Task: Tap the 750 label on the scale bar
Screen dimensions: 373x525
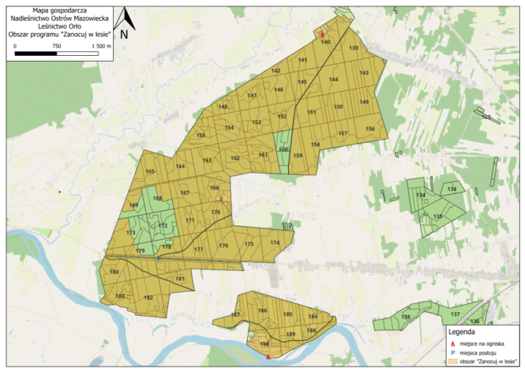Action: coord(56,46)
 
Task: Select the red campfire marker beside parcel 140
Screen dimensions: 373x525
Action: coord(322,34)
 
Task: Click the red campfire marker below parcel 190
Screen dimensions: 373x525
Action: coord(268,356)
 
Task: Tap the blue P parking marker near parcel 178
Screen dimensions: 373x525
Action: coord(158,258)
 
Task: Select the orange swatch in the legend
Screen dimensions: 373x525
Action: coord(454,361)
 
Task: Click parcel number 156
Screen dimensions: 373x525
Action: coord(370,129)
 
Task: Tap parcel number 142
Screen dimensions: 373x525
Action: coord(276,70)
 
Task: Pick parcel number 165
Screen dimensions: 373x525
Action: coord(150,172)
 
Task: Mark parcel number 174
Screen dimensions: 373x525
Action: coord(274,242)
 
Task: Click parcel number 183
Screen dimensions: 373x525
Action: coord(120,296)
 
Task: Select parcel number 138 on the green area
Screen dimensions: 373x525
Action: coord(405,316)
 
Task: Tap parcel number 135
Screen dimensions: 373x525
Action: coord(438,217)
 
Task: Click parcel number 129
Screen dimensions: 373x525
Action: coord(485,116)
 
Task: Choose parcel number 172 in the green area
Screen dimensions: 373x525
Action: coord(163,225)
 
